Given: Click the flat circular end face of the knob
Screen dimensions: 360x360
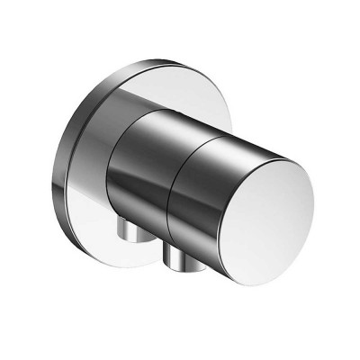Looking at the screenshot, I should [270, 189].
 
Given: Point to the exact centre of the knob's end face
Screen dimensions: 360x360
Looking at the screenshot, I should [269, 189].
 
